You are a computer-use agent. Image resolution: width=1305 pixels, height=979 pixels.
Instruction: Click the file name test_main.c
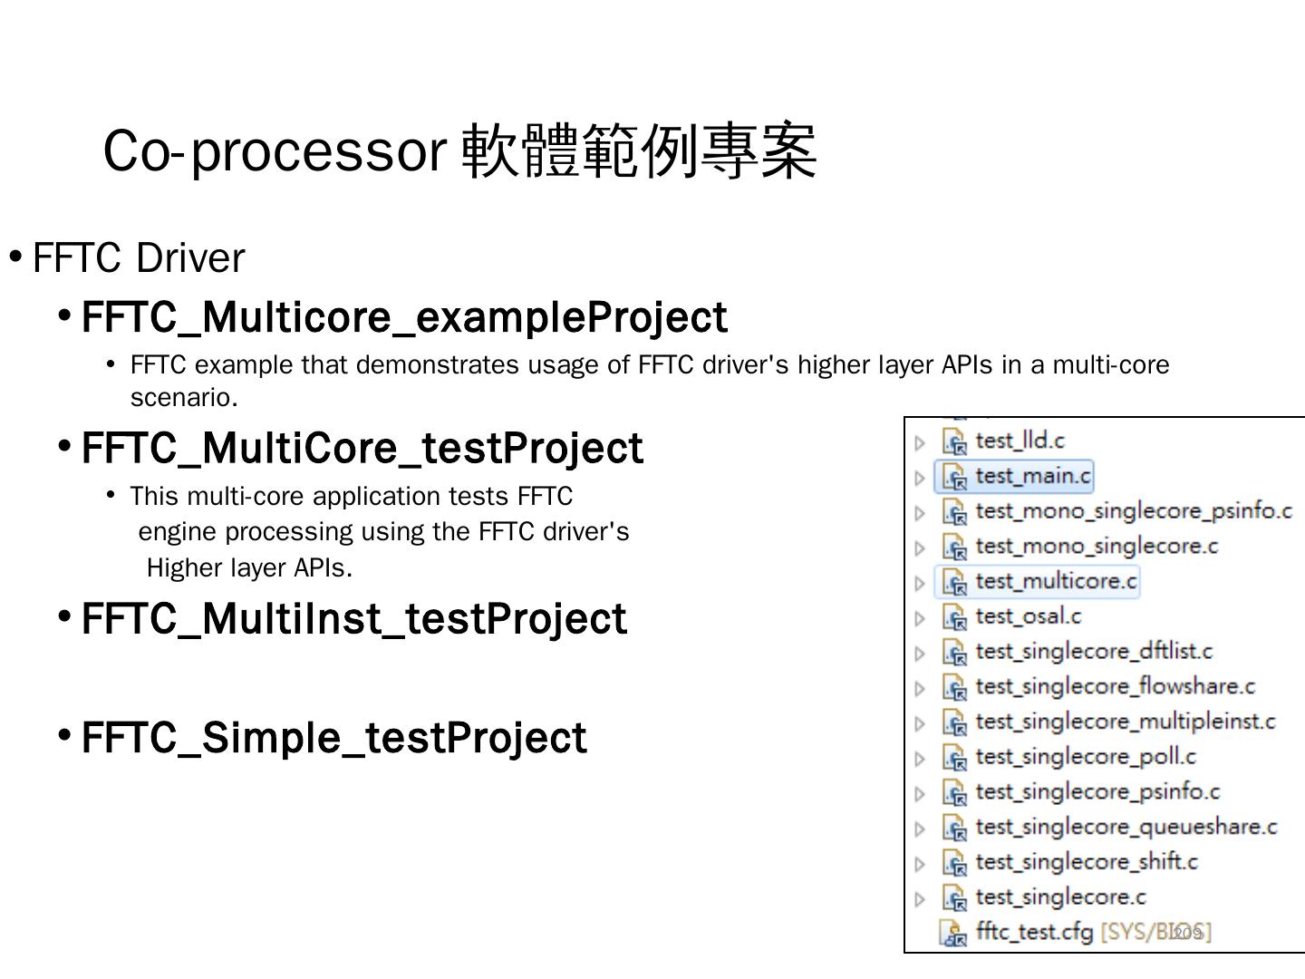click(x=1032, y=476)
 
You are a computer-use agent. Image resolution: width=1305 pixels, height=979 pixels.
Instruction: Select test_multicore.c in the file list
click(x=1056, y=581)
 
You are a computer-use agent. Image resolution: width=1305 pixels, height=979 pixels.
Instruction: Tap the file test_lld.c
click(x=1020, y=441)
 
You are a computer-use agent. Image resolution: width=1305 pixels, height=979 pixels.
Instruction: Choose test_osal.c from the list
click(x=1028, y=616)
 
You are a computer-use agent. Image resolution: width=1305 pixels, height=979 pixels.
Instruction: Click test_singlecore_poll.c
click(x=1085, y=757)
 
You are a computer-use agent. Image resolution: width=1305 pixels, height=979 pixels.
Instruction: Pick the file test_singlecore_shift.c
click(x=1086, y=862)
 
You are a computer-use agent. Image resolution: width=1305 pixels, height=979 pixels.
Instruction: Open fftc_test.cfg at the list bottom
click(x=1034, y=932)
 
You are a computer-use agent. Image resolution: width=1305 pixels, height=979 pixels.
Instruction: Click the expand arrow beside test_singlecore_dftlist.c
click(x=920, y=653)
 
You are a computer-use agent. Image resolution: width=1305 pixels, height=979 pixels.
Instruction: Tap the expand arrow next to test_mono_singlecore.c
click(x=920, y=548)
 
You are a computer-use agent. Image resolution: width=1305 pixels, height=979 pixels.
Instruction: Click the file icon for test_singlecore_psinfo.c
click(x=954, y=793)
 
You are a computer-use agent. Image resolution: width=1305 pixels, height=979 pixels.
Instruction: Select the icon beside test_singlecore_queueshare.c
click(x=954, y=828)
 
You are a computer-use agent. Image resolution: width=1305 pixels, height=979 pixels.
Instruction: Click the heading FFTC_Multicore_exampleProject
click(x=404, y=317)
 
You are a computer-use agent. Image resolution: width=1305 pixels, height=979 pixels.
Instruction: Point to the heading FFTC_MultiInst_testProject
click(x=353, y=619)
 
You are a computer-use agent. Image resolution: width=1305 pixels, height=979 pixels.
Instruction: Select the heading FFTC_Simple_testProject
click(x=333, y=738)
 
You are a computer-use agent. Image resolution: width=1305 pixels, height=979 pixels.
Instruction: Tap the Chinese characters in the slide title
click(x=640, y=150)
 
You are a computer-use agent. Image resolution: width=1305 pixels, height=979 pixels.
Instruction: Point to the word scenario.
click(x=183, y=397)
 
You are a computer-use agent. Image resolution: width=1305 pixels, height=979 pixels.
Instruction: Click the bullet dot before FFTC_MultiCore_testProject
click(x=64, y=446)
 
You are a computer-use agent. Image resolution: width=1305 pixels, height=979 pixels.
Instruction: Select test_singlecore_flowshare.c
click(x=1115, y=687)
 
